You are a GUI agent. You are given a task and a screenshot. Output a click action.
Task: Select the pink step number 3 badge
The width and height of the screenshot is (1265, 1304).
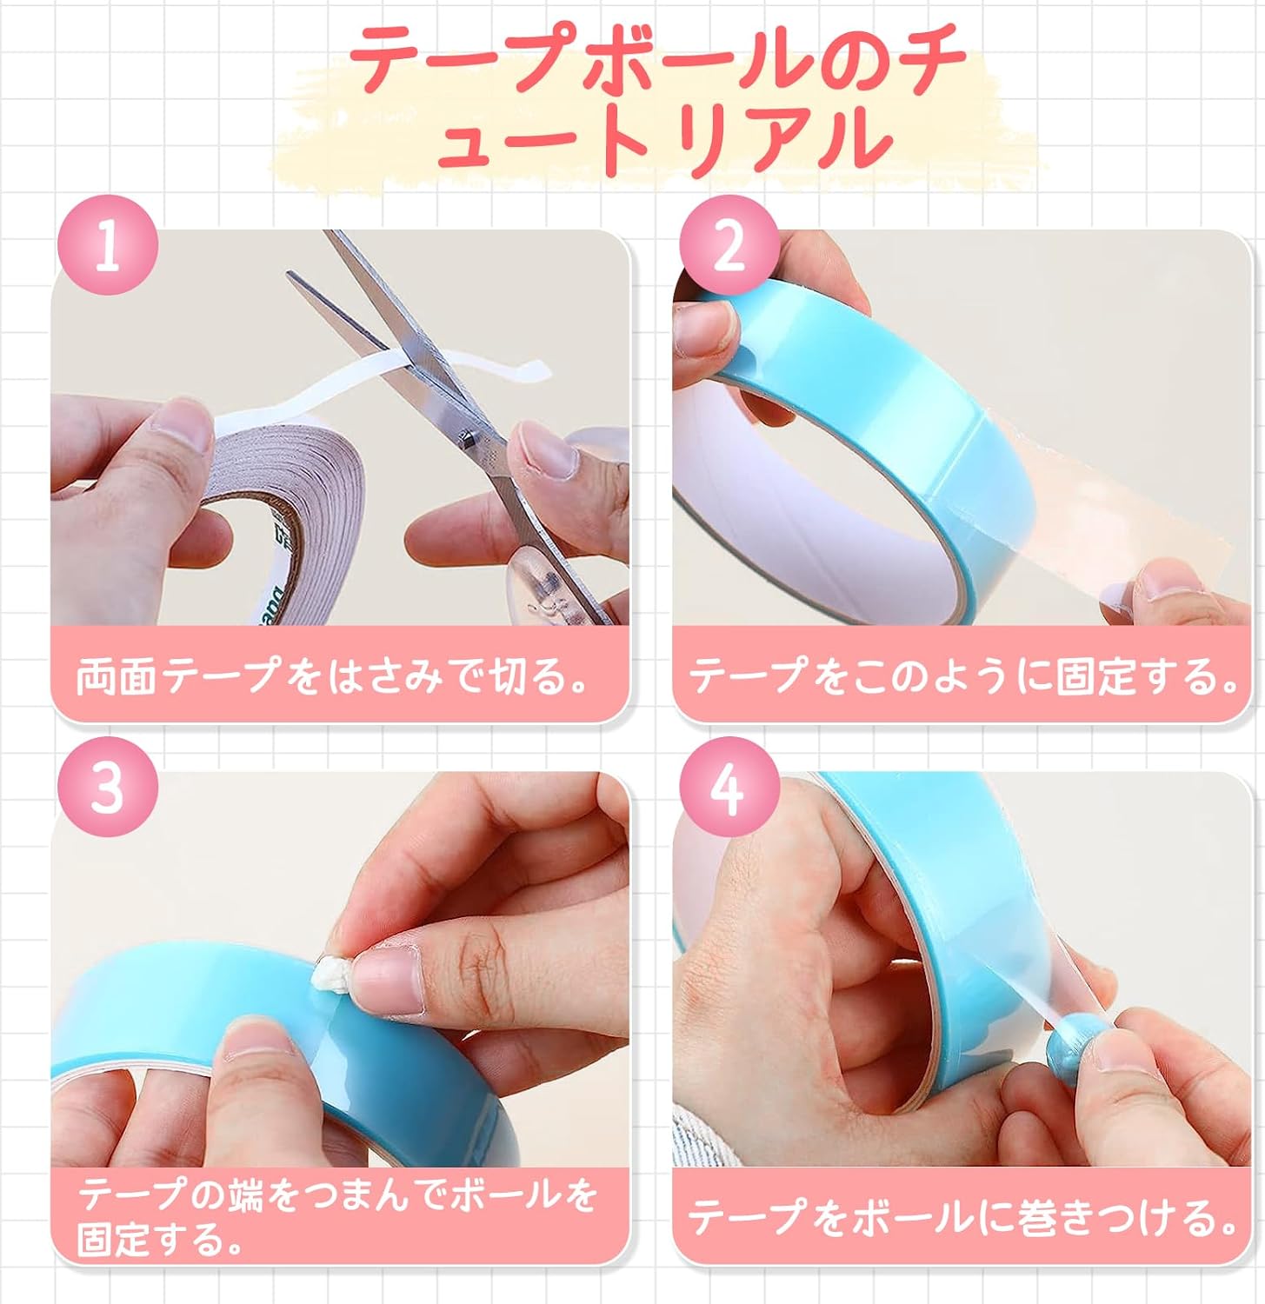(x=108, y=787)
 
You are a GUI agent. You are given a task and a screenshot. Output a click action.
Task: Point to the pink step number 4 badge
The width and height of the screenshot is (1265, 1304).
(x=729, y=787)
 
